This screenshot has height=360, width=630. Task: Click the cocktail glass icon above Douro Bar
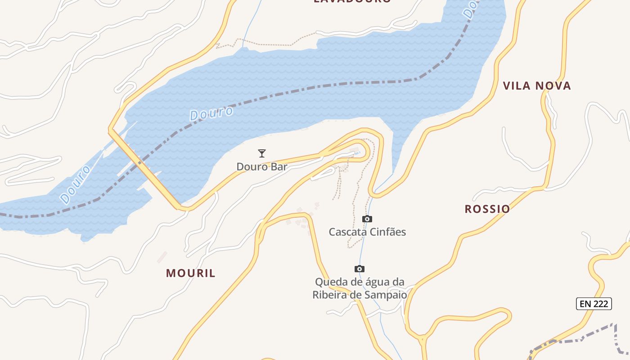pyautogui.click(x=261, y=153)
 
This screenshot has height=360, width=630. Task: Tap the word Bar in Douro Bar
pyautogui.click(x=279, y=166)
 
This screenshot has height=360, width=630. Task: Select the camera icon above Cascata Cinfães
pyautogui.click(x=367, y=219)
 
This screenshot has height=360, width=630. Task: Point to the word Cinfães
pyautogui.click(x=387, y=232)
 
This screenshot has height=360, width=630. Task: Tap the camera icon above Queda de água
pyautogui.click(x=359, y=269)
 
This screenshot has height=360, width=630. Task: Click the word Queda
pyautogui.click(x=330, y=282)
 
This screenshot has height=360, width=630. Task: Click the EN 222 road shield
pyautogui.click(x=594, y=304)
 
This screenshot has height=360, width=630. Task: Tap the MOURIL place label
pyautogui.click(x=191, y=273)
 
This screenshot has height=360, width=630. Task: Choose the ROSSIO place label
pyautogui.click(x=487, y=209)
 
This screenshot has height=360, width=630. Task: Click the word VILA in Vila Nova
pyautogui.click(x=517, y=86)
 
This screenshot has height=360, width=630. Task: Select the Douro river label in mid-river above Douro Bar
pyautogui.click(x=211, y=113)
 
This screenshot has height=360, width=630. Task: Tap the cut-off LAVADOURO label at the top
pyautogui.click(x=352, y=1)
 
